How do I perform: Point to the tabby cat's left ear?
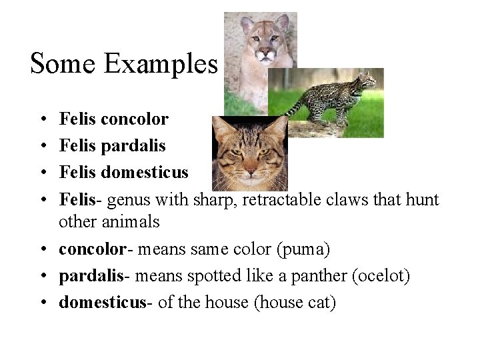[223, 127]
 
